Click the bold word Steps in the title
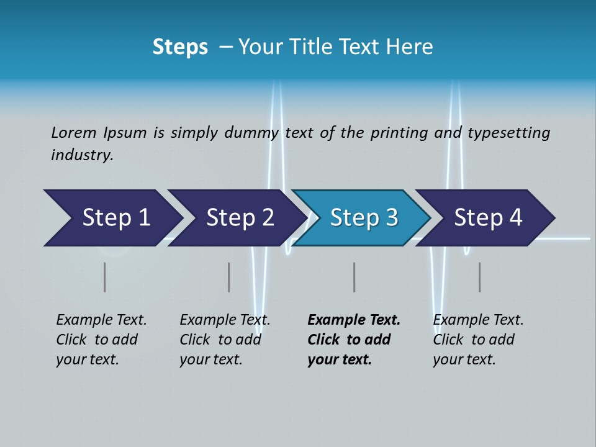(x=180, y=47)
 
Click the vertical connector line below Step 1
(x=105, y=277)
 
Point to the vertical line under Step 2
(x=228, y=277)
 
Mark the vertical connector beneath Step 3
(x=354, y=277)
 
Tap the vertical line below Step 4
(x=479, y=277)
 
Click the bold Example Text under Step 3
(x=353, y=340)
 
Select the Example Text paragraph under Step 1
(x=101, y=340)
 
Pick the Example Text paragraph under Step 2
(x=225, y=340)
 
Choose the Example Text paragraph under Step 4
(x=478, y=340)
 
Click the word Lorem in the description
(x=74, y=133)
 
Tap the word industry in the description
(x=82, y=155)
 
